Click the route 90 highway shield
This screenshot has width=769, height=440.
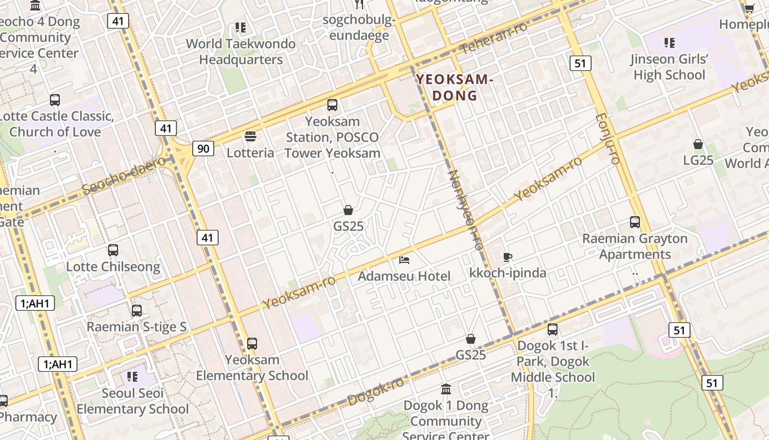pyautogui.click(x=203, y=148)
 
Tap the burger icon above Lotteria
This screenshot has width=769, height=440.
pyautogui.click(x=250, y=136)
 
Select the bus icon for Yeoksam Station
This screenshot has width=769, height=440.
pyautogui.click(x=332, y=105)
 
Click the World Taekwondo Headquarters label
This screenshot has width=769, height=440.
pyautogui.click(x=241, y=51)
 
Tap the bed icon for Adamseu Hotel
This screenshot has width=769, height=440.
pyautogui.click(x=404, y=260)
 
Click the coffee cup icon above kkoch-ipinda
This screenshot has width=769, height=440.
pyautogui.click(x=508, y=257)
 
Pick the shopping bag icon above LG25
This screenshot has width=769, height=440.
pyautogui.click(x=698, y=144)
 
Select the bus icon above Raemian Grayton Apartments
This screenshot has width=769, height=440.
pyautogui.click(x=635, y=222)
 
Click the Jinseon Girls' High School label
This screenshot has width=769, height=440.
pyautogui.click(x=669, y=67)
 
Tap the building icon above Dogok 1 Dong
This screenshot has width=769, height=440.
pyautogui.click(x=446, y=389)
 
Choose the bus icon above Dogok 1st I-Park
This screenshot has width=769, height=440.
pyautogui.click(x=553, y=329)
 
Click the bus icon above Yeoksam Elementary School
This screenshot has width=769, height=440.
pyautogui.click(x=252, y=344)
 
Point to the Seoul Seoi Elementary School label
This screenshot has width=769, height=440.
pyautogui.click(x=132, y=401)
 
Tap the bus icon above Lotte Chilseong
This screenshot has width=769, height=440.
pyautogui.click(x=113, y=250)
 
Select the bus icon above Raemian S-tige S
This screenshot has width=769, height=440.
pyautogui.click(x=137, y=311)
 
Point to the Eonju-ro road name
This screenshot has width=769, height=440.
pyautogui.click(x=608, y=138)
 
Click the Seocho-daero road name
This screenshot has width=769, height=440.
pyautogui.click(x=124, y=175)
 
